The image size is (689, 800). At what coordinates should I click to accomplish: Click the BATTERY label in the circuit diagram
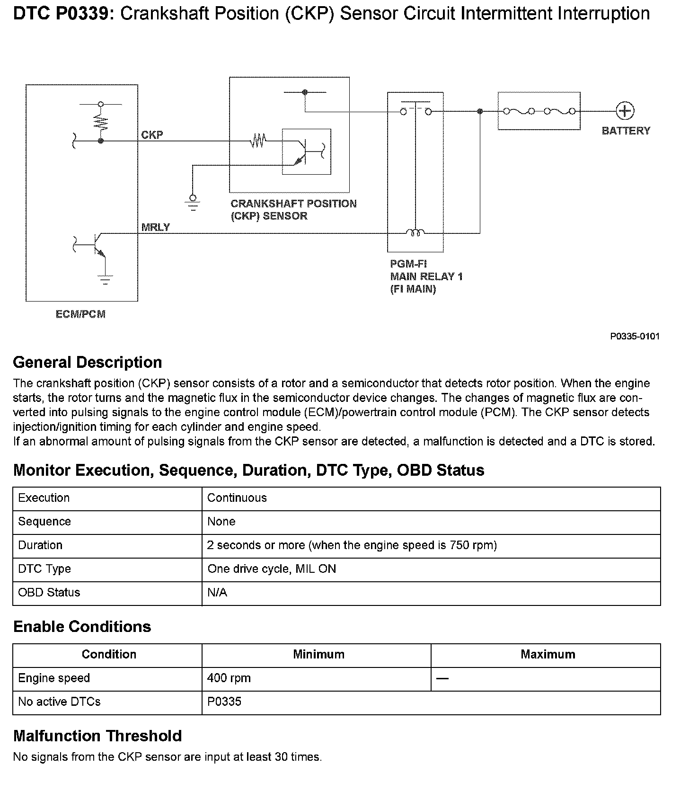626,131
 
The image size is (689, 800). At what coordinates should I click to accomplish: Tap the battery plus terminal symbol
625,111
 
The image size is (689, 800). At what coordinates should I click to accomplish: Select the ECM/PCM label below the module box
80,314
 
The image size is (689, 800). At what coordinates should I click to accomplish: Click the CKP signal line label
152,135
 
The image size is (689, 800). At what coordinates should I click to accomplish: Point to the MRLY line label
155,227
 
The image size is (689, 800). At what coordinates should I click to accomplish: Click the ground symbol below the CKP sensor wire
193,202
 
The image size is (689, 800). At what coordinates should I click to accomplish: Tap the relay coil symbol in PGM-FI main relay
415,232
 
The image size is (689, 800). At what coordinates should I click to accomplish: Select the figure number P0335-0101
634,337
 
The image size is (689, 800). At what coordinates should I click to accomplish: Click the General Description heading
88,363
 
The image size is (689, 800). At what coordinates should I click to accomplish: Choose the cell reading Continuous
237,498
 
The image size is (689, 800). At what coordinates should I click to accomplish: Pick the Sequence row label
44,522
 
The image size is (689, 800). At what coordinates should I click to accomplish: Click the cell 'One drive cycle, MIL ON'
272,569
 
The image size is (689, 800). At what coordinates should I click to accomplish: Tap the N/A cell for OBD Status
217,593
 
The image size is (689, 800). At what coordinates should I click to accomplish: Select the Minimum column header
318,655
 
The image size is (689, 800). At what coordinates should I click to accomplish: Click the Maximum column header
548,655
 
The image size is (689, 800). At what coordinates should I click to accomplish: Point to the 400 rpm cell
229,678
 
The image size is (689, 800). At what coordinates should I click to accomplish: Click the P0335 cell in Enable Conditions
224,702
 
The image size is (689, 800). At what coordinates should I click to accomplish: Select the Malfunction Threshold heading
97,736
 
